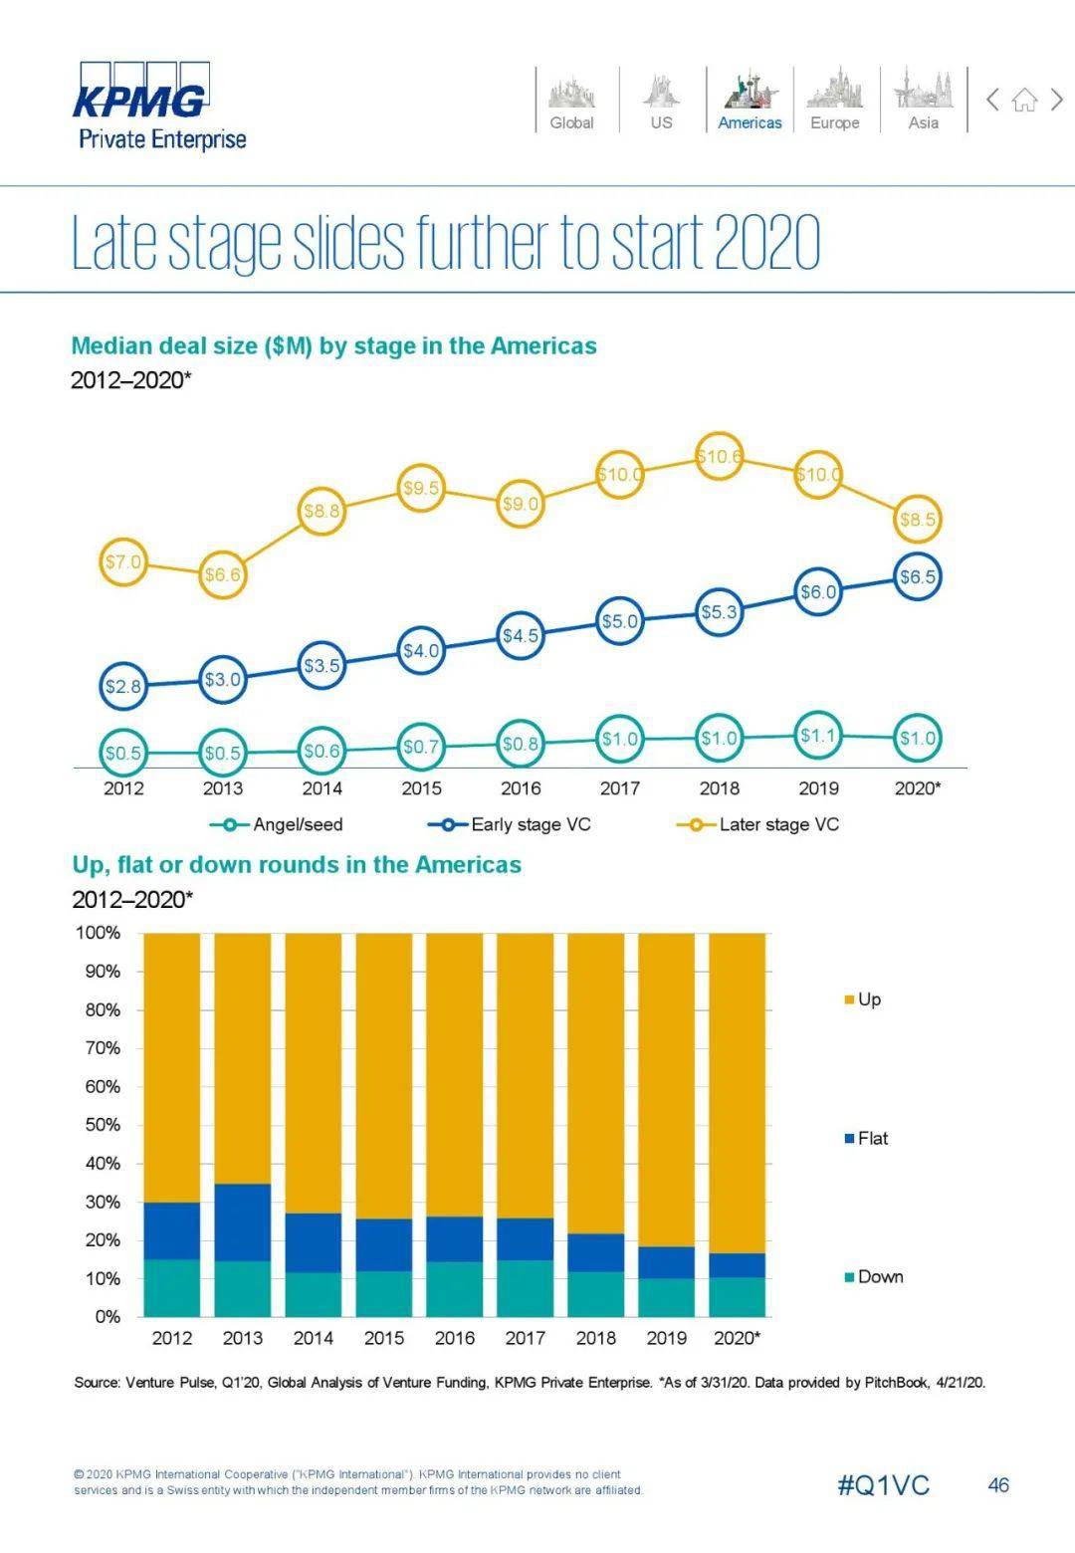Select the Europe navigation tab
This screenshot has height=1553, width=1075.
point(834,101)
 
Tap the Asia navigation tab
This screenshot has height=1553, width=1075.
point(923,101)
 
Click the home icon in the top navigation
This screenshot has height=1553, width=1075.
point(1024,100)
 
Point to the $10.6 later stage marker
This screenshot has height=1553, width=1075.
point(719,457)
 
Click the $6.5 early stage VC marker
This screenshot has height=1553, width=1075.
point(917,576)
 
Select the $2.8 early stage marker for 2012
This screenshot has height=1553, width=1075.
point(123,686)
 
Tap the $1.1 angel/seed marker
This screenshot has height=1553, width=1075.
point(818,736)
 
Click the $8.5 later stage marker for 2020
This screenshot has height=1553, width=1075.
point(917,519)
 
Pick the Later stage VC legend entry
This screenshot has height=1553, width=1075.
point(758,824)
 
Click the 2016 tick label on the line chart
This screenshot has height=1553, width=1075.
point(521,788)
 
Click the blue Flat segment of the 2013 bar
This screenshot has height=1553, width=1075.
point(243,1221)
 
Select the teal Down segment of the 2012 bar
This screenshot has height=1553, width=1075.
point(172,1287)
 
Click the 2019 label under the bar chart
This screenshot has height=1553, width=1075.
point(666,1338)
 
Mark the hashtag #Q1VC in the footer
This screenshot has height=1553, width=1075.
point(883,1485)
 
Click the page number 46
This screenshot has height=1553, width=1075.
point(997,1485)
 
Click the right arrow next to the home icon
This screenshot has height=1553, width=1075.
point(1057,100)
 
